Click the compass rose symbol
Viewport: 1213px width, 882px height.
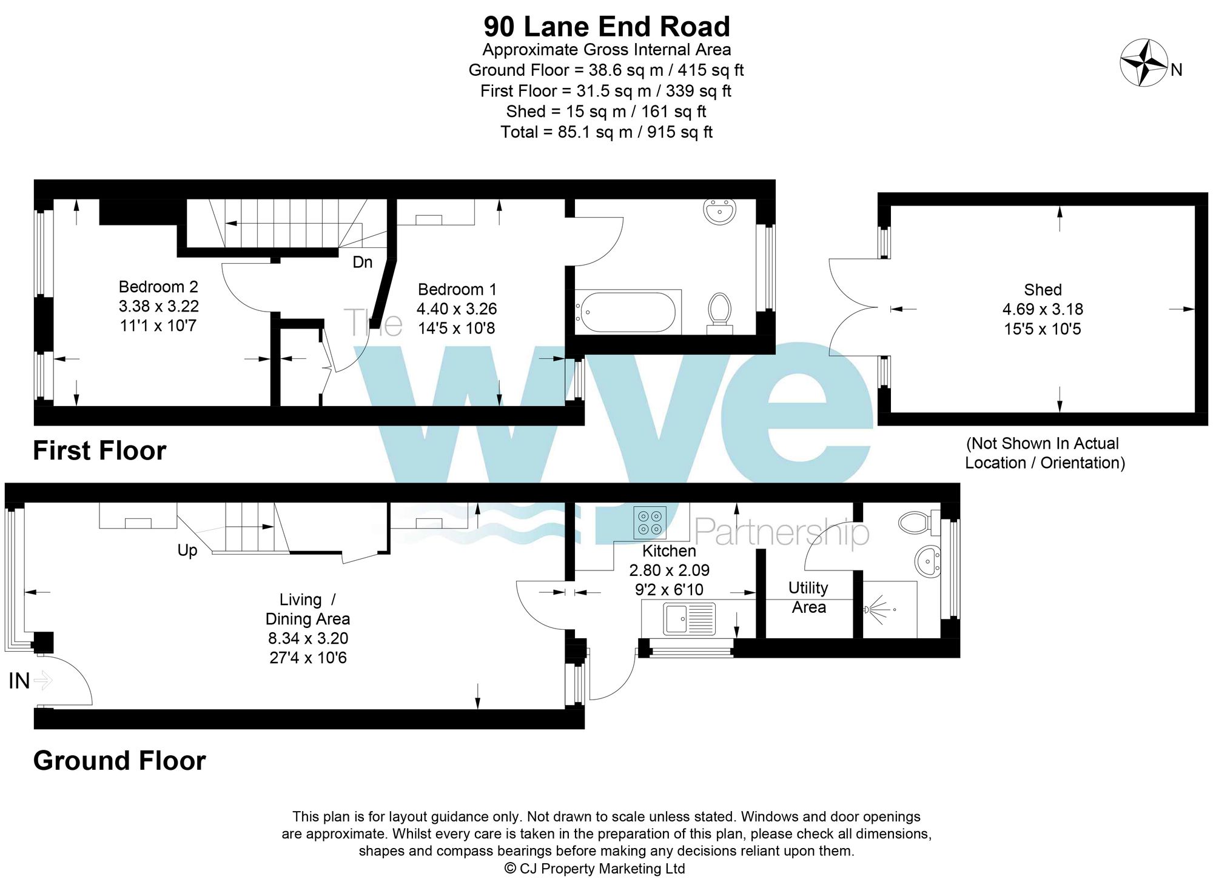pyautogui.click(x=1144, y=62)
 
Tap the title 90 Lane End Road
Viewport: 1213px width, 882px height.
pyautogui.click(x=606, y=27)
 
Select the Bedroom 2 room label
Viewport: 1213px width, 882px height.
pyautogui.click(x=158, y=287)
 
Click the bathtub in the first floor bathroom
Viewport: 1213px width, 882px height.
pyautogui.click(x=627, y=312)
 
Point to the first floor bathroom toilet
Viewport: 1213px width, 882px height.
pyautogui.click(x=720, y=312)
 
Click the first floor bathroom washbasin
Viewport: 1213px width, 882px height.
pyautogui.click(x=720, y=212)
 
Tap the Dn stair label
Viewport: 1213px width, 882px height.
pyautogui.click(x=362, y=262)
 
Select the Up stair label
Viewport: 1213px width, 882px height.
pyautogui.click(x=187, y=550)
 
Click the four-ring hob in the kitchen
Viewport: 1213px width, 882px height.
pyautogui.click(x=650, y=523)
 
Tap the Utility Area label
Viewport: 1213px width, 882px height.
pyautogui.click(x=808, y=597)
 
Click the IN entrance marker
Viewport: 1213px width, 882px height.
pyautogui.click(x=19, y=681)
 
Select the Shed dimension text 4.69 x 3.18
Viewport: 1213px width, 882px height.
pyautogui.click(x=1042, y=309)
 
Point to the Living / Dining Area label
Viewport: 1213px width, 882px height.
pyautogui.click(x=307, y=609)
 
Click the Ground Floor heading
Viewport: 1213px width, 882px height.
pyautogui.click(x=119, y=761)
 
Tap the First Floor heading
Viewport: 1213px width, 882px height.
pyautogui.click(x=99, y=451)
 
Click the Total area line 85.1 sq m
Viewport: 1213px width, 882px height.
pyautogui.click(x=606, y=132)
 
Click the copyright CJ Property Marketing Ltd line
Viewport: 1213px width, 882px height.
pyautogui.click(x=594, y=869)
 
